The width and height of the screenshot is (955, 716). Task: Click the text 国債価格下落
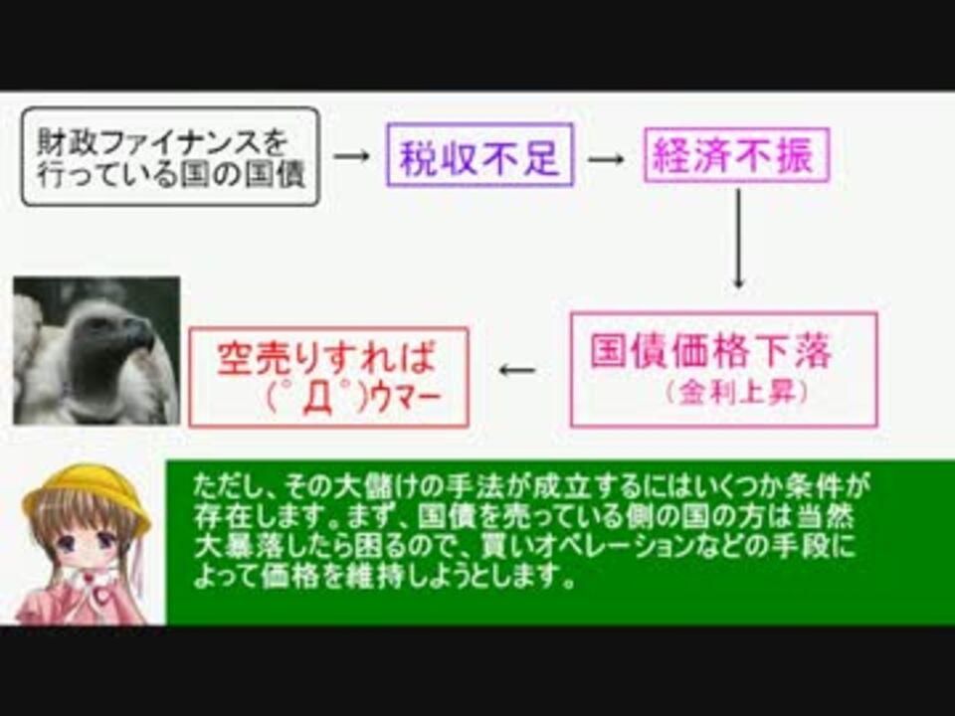coord(710,351)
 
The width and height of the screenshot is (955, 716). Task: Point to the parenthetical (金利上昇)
coord(737,393)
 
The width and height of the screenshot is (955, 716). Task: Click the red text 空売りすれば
coord(327,357)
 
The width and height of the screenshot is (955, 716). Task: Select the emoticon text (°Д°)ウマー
coord(353,399)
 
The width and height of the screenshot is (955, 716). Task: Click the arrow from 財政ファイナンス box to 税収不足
coord(352,156)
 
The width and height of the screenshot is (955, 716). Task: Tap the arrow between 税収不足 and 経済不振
coord(607,159)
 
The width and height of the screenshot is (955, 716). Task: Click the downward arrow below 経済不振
coord(739,239)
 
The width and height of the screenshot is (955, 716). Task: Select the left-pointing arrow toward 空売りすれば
coord(517,370)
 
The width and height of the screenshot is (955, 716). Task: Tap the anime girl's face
coord(86,539)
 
